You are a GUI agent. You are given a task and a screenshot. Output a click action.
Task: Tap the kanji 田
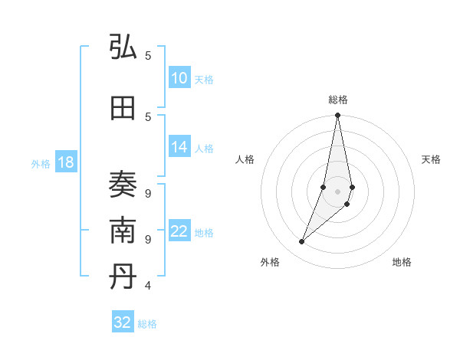pyautogui.click(x=123, y=108)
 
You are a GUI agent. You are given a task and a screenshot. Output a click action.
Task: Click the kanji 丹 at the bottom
pyautogui.click(x=123, y=278)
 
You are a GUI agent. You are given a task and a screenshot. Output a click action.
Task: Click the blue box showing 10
pyautogui.click(x=179, y=79)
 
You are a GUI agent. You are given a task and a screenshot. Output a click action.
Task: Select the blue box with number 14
pyautogui.click(x=179, y=148)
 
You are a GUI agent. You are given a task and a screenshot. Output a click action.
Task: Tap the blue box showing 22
pyautogui.click(x=179, y=232)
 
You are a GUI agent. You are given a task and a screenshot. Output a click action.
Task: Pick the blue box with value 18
pyautogui.click(x=65, y=163)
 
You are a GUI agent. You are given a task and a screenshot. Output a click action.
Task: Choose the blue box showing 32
pyautogui.click(x=123, y=322)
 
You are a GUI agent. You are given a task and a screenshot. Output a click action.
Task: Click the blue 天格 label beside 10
pyautogui.click(x=203, y=80)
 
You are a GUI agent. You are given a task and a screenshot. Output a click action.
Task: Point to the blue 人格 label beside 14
pyautogui.click(x=203, y=149)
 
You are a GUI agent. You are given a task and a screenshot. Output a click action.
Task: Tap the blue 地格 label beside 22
pyautogui.click(x=203, y=233)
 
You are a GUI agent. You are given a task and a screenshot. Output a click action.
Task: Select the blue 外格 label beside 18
pyautogui.click(x=41, y=164)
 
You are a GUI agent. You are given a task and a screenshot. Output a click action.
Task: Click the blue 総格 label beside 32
pyautogui.click(x=147, y=324)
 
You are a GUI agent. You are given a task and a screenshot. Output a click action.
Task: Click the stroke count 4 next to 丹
pyautogui.click(x=148, y=286)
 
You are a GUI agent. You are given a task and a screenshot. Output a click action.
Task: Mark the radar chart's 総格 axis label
pyautogui.click(x=337, y=100)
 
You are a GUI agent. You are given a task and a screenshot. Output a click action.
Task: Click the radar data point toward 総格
pyautogui.click(x=337, y=116)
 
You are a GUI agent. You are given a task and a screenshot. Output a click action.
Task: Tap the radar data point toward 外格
pyautogui.click(x=301, y=241)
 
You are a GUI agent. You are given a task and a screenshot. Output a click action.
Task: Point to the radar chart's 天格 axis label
pyautogui.click(x=431, y=159)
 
